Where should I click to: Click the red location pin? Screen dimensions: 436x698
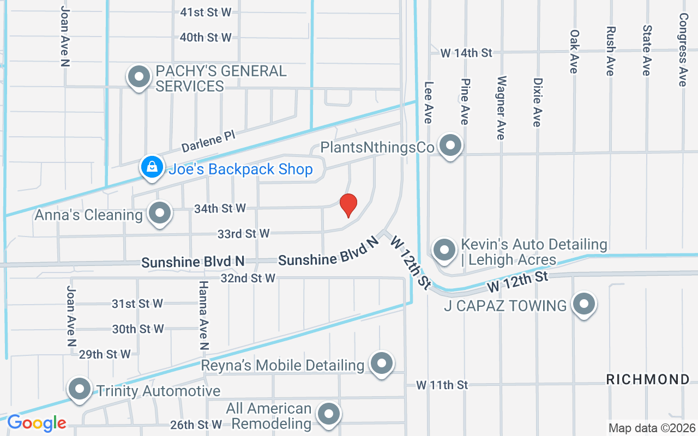tap(348, 205)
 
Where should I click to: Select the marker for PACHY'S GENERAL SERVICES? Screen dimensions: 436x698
tap(139, 76)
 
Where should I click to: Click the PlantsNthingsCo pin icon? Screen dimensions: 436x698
tap(450, 146)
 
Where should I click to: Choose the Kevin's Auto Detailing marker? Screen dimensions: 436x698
tap(444, 250)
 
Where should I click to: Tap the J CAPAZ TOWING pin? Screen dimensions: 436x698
tap(584, 304)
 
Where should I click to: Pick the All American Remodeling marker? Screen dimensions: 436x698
tap(328, 414)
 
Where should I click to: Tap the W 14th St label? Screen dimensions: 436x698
tap(466, 53)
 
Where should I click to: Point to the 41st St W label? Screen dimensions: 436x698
tap(206, 11)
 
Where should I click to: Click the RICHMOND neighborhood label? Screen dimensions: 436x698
tap(648, 379)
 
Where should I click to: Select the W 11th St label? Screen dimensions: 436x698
tap(442, 385)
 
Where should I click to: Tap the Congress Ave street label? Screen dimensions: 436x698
tap(683, 50)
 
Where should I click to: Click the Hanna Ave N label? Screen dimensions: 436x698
tap(203, 315)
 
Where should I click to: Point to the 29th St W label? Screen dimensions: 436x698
tap(105, 354)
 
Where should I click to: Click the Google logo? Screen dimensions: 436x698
tap(37, 423)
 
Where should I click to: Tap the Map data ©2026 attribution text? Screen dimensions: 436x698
tap(652, 428)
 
